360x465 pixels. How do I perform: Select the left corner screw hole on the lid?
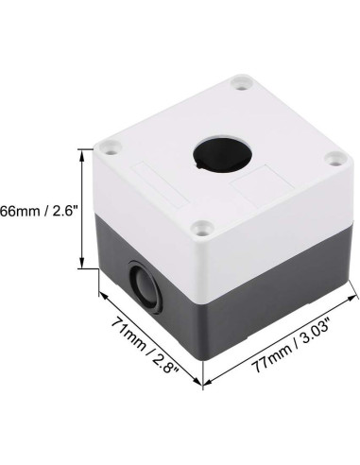pos(115,146)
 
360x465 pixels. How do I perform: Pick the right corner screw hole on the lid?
pos(334,160)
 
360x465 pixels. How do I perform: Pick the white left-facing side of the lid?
pos(151,213)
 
